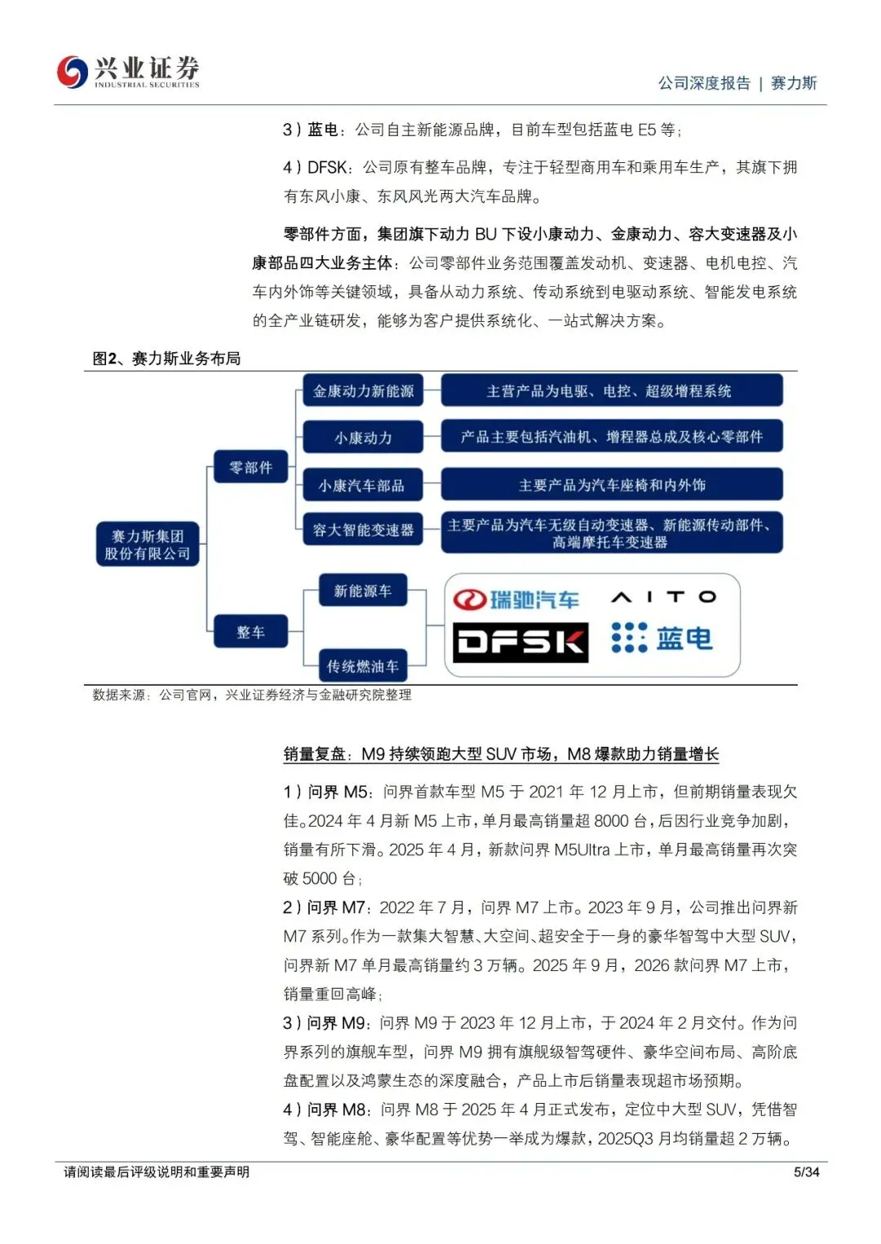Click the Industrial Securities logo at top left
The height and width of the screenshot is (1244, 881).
(x=128, y=72)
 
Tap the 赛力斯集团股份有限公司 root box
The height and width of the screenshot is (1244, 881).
(x=147, y=545)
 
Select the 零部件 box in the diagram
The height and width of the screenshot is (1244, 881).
(x=250, y=467)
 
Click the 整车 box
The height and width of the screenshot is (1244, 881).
(x=250, y=632)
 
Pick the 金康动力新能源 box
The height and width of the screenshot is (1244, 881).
(x=363, y=391)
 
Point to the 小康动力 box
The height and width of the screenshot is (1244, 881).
(x=363, y=438)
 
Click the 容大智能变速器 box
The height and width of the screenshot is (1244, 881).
(x=363, y=530)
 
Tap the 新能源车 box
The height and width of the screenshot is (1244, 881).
(x=362, y=591)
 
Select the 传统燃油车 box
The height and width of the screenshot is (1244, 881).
(x=362, y=666)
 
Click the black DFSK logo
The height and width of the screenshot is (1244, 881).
(x=520, y=642)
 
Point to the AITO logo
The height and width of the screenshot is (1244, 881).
(x=663, y=598)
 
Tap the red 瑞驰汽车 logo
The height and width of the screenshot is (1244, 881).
(x=516, y=600)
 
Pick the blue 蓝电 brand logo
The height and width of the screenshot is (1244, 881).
(x=662, y=638)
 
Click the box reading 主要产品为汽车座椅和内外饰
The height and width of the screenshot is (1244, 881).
(x=612, y=485)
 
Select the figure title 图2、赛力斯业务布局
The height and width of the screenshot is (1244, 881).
(x=166, y=359)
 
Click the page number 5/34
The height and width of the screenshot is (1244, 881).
(x=806, y=1172)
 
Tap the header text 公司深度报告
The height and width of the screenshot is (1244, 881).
(x=704, y=83)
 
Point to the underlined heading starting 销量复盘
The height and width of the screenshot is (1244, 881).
(x=501, y=754)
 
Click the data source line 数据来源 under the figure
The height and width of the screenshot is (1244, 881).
(x=251, y=695)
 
